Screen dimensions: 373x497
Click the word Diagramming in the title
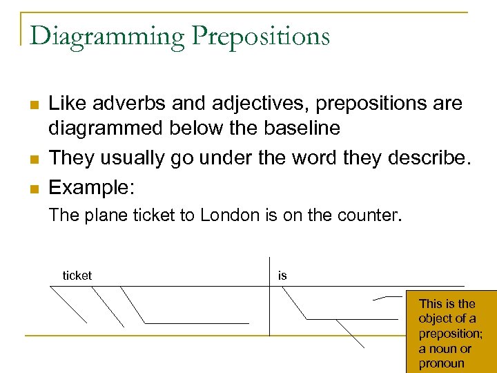click(x=107, y=36)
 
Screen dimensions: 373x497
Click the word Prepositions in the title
click(x=262, y=36)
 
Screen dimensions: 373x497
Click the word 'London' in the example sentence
click(x=230, y=215)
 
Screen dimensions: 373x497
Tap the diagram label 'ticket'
click(x=77, y=276)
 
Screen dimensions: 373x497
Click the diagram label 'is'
click(x=282, y=276)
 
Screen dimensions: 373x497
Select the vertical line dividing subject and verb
click(x=270, y=297)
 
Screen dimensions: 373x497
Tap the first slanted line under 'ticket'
click(x=69, y=305)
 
